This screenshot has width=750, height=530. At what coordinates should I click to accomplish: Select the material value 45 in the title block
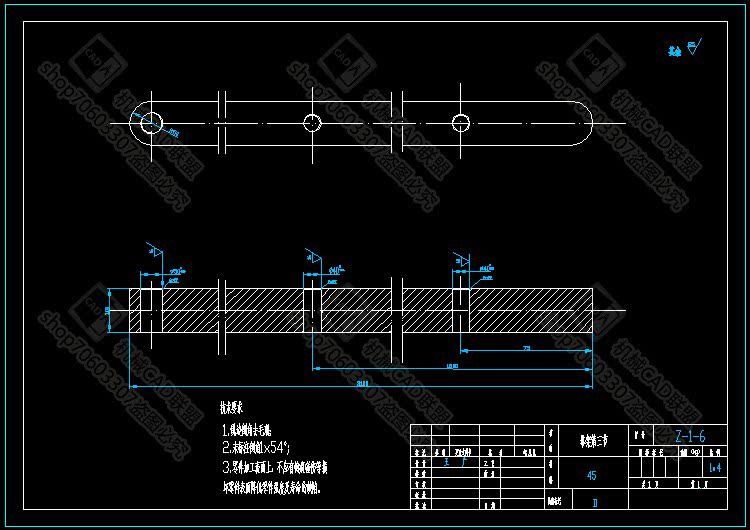pos(592,476)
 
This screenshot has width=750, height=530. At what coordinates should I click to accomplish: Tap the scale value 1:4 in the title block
pos(714,467)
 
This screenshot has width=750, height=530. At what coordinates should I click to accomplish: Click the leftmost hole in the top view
pos(151,122)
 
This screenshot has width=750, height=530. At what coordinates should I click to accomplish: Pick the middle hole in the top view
pos(312,122)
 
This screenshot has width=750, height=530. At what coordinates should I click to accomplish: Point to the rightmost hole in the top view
pos(460,122)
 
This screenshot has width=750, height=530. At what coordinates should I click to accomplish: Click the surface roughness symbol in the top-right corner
pos(694,46)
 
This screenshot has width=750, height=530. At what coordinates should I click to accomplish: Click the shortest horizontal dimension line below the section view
pos(526,350)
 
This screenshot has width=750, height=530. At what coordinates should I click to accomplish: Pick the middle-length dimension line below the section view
pos(452,369)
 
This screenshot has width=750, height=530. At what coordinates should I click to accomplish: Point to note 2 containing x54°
pos(257,447)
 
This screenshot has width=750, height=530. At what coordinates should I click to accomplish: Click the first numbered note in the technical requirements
pos(250,429)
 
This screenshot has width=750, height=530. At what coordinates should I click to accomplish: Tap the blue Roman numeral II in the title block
pos(596,503)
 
